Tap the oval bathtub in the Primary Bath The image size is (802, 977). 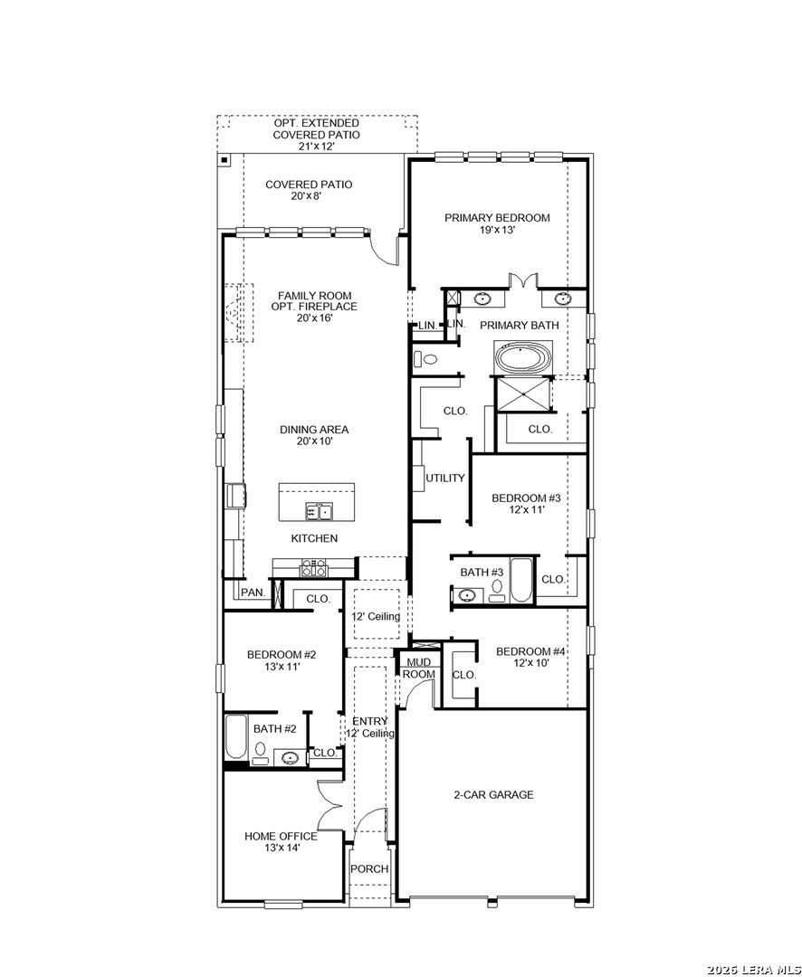(523, 358)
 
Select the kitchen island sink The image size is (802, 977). (319, 511)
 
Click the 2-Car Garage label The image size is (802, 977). (493, 794)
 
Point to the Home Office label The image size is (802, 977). (281, 842)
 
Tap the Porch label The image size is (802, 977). (369, 868)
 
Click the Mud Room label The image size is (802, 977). (418, 669)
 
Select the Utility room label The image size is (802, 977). (444, 478)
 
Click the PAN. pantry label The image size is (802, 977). (253, 592)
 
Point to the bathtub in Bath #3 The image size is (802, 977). (521, 580)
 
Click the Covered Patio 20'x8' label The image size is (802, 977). (309, 190)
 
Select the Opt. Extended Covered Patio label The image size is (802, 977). (316, 135)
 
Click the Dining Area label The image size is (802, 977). (314, 435)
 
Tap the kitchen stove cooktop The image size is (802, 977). (313, 567)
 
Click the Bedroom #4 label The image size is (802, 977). (530, 658)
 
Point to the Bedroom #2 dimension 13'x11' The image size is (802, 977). (282, 666)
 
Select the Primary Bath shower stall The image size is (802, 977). (522, 394)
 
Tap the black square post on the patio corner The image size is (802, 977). (224, 160)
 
